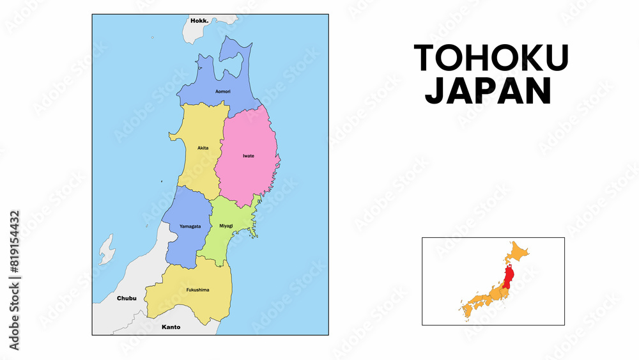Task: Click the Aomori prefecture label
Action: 223,91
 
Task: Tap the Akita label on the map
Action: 203,148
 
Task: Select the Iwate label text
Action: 249,155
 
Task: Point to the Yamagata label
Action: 190,226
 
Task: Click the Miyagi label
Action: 226,226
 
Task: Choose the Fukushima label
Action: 197,290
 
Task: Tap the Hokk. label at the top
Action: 200,20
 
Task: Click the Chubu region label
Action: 127,298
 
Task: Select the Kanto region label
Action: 171,327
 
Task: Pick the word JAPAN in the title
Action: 488,91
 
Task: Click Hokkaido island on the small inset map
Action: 517,252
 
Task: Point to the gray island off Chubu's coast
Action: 106,249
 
